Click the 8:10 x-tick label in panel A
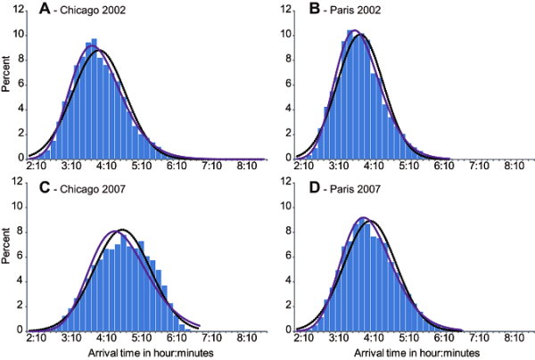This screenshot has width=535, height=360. point(245,167)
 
